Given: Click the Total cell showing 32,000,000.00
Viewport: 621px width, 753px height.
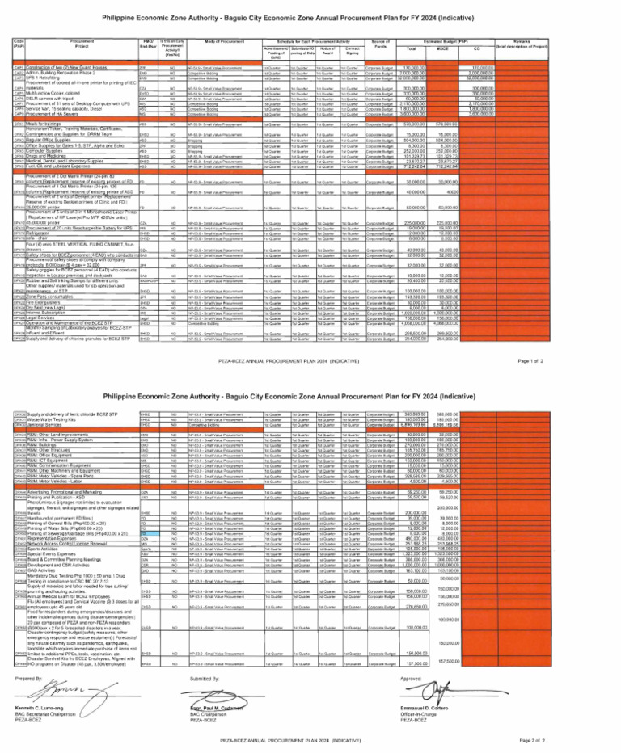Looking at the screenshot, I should (x=484, y=78).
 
